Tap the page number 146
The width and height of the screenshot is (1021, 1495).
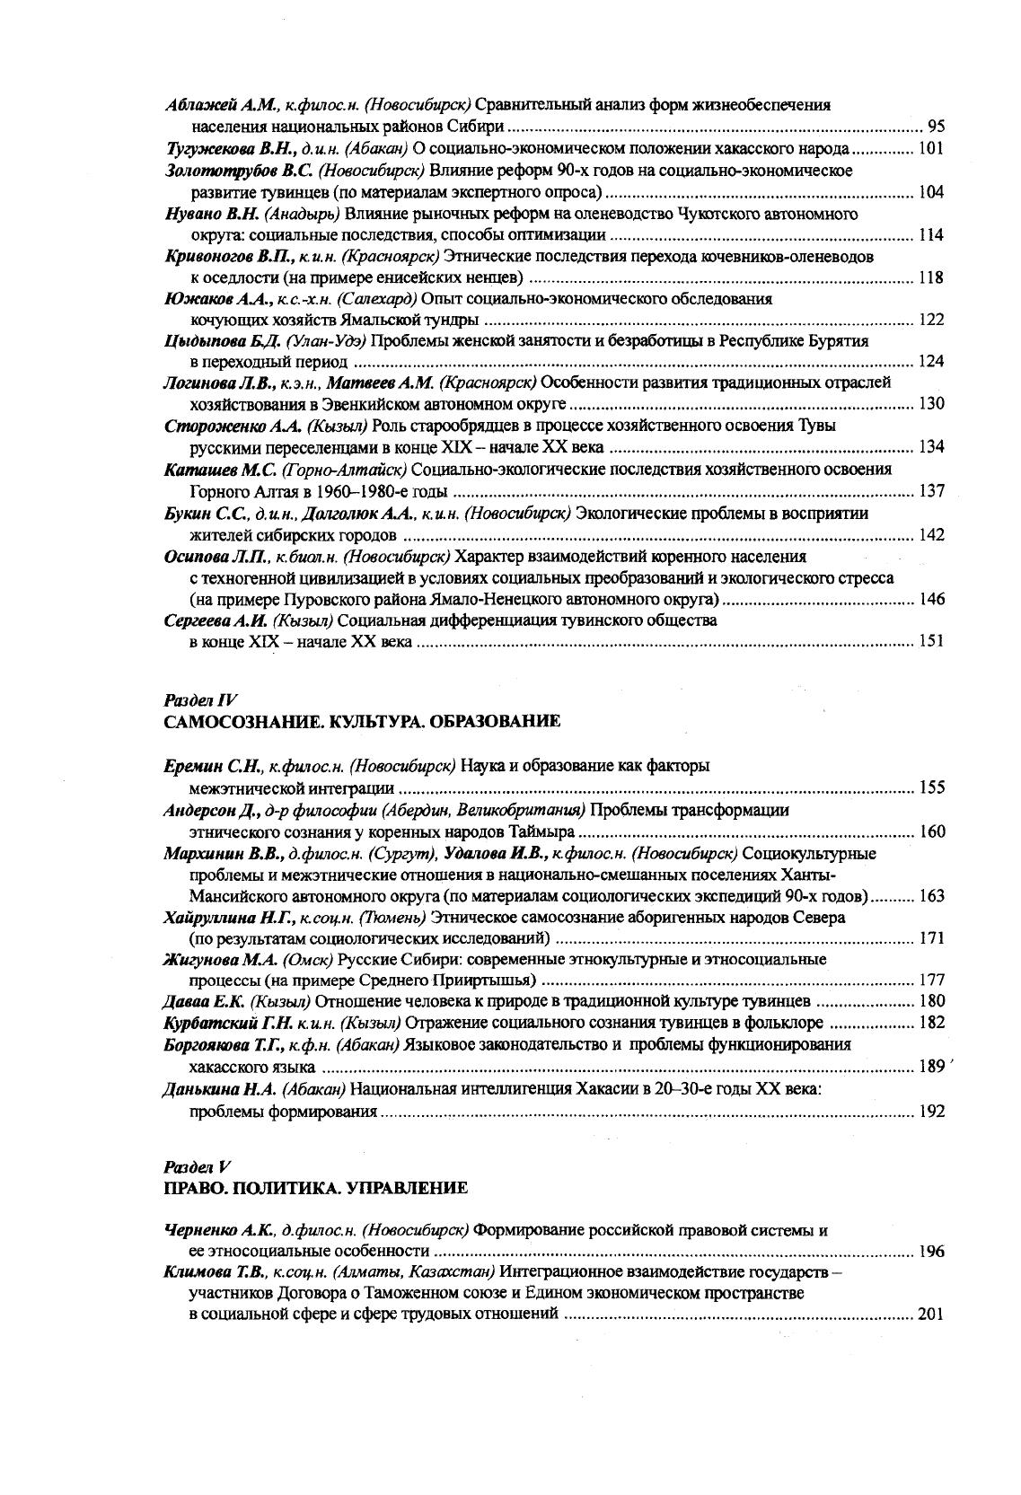click(x=932, y=600)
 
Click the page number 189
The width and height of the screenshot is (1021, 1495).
click(x=932, y=1067)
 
